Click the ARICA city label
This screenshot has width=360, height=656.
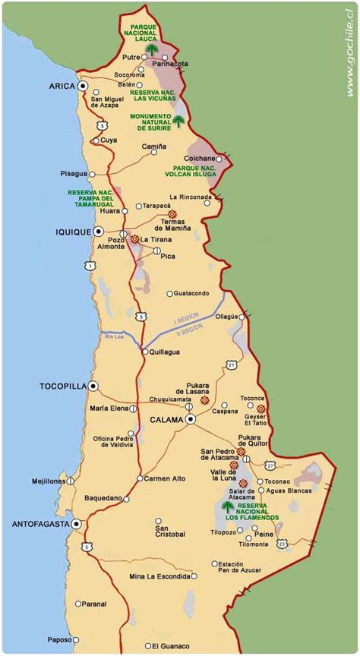pyautogui.click(x=62, y=86)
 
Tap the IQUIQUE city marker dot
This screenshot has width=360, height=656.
pyautogui.click(x=98, y=231)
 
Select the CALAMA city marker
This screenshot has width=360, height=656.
pyautogui.click(x=191, y=419)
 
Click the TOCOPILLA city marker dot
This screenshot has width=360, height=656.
pyautogui.click(x=93, y=386)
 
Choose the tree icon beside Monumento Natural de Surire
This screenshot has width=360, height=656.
pyautogui.click(x=178, y=121)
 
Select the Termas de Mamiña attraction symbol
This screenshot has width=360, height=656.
pyautogui.click(x=172, y=214)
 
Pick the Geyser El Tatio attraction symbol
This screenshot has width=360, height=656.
pyautogui.click(x=261, y=408)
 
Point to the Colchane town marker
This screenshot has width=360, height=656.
pyautogui.click(x=219, y=159)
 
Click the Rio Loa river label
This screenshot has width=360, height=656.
pyautogui.click(x=115, y=336)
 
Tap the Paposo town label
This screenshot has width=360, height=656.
pyautogui.click(x=58, y=639)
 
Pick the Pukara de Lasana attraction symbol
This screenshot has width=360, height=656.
pyautogui.click(x=204, y=400)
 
